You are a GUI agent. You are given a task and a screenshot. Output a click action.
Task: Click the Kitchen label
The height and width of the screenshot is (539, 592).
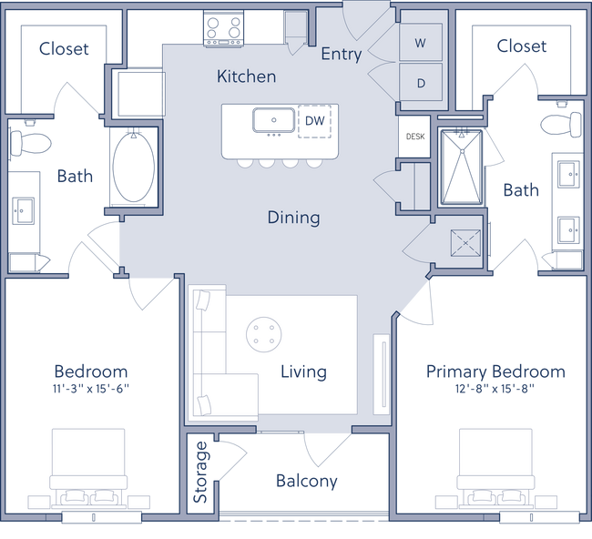(246, 76)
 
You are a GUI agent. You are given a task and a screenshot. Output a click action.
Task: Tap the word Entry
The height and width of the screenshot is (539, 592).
(341, 54)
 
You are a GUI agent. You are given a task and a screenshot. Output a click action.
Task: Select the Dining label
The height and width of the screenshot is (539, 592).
(293, 218)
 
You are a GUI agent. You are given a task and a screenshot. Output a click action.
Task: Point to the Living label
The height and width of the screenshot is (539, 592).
(303, 371)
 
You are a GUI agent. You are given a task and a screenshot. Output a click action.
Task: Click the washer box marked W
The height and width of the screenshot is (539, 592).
(421, 43)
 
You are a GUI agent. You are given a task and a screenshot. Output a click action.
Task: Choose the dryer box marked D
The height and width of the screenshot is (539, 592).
(421, 83)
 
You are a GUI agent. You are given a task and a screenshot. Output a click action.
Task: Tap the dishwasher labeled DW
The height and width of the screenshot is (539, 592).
(314, 120)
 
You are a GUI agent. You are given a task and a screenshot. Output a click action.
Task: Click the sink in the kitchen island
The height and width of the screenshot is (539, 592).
(270, 120)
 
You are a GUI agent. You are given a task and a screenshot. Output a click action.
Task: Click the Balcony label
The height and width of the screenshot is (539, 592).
(308, 481)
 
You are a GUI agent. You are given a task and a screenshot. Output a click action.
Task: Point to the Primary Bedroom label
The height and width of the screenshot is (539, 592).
(495, 371)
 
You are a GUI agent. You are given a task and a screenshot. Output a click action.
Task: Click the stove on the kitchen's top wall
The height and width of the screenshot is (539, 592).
(222, 26)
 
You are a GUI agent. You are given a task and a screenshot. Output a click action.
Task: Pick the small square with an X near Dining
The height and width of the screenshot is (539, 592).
(467, 243)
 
